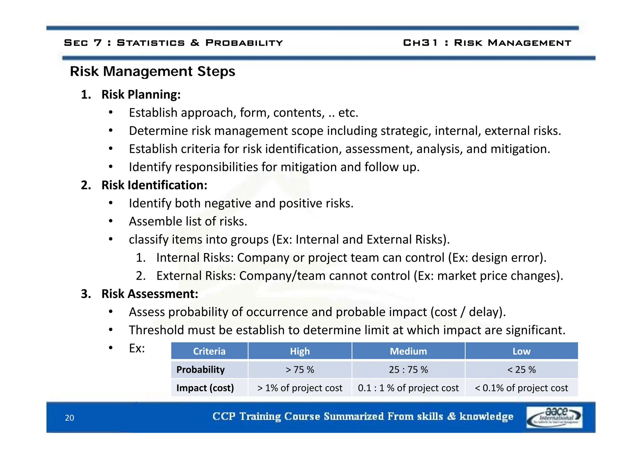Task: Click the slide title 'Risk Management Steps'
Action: pos(152,71)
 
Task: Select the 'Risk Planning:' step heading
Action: pos(141,94)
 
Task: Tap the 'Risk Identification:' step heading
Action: pos(154,185)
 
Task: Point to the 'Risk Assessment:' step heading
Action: pos(150,294)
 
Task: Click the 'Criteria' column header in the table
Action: pos(209,351)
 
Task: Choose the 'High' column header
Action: pos(300,351)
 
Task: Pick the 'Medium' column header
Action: pos(408,351)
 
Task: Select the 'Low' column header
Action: pos(521,351)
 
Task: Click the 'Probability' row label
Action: pos(200,370)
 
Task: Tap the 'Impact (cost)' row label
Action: pos(205,388)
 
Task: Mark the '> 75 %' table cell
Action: pos(300,370)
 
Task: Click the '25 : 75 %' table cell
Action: pos(408,370)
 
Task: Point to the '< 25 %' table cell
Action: pos(521,370)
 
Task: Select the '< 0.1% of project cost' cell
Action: pos(521,388)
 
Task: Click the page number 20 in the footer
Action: pos(69,418)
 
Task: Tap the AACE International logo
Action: pos(554,417)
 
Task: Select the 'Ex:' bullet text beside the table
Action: pos(137,348)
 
